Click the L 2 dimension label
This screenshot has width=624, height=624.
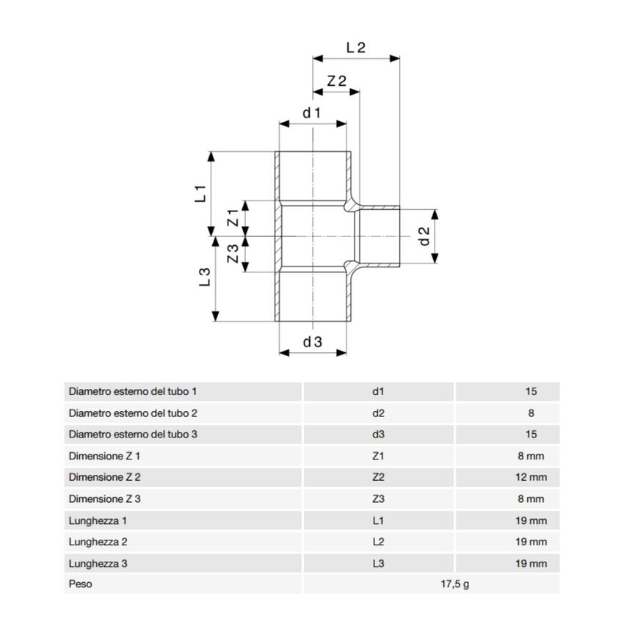[356, 48]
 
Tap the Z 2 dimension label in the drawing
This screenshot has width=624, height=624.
[337, 81]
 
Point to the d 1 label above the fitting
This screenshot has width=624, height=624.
[311, 113]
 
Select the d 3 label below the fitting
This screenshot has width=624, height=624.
[313, 342]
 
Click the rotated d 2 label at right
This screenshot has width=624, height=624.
[424, 236]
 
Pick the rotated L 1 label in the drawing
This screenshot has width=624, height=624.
[200, 193]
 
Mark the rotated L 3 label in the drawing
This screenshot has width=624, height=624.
[205, 277]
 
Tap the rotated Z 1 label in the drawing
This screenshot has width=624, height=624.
[233, 218]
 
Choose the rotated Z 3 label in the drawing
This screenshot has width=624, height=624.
[233, 253]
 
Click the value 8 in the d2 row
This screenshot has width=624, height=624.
[531, 413]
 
